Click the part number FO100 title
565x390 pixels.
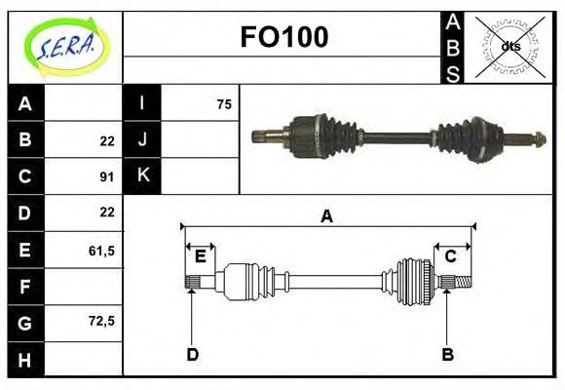click(283, 37)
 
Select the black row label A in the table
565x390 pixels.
click(25, 104)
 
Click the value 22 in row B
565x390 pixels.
click(107, 140)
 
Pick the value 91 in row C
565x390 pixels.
click(107, 176)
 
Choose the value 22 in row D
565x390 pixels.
click(107, 212)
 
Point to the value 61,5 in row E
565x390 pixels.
click(102, 251)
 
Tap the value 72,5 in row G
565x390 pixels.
click(102, 320)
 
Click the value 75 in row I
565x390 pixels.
click(224, 104)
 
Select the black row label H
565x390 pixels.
click(25, 360)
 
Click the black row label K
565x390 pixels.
click(142, 175)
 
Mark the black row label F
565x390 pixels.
click(25, 287)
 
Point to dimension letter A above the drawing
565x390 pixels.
click(327, 215)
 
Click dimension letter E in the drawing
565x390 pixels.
click(200, 256)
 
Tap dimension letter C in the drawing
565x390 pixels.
click(451, 256)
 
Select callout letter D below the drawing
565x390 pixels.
click(192, 354)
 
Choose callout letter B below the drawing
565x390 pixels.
click(447, 354)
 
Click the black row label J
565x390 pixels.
click(142, 139)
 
